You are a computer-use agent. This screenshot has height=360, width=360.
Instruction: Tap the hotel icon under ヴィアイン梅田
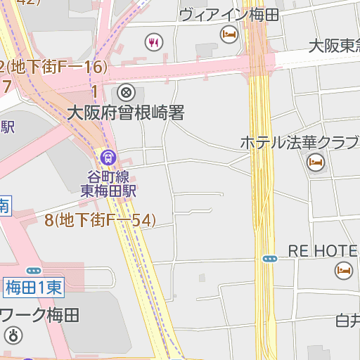pyautogui.click(x=229, y=33)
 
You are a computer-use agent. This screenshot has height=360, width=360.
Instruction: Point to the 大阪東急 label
pyautogui.click(x=334, y=46)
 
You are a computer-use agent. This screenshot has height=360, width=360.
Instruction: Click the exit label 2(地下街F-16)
pyautogui.click(x=53, y=67)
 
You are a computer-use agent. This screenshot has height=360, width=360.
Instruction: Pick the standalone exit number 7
pyautogui.click(x=6, y=86)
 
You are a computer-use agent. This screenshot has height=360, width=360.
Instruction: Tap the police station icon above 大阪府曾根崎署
pyautogui.click(x=126, y=92)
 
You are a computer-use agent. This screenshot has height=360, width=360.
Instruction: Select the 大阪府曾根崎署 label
pyautogui.click(x=125, y=112)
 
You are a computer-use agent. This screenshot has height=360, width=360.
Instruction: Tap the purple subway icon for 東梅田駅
pyautogui.click(x=108, y=157)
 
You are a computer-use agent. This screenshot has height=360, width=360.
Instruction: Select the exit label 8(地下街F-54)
pyautogui.click(x=100, y=220)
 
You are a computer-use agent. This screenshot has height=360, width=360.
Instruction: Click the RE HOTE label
pyautogui.click(x=323, y=251)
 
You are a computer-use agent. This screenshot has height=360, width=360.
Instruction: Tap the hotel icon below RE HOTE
pyautogui.click(x=344, y=269)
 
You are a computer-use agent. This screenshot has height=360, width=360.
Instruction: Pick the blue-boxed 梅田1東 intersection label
pyautogui.click(x=34, y=286)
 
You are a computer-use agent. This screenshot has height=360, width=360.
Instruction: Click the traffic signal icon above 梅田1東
pyautogui.click(x=34, y=270)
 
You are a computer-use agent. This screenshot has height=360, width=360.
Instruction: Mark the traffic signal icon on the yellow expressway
pyautogui.click(x=270, y=259)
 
